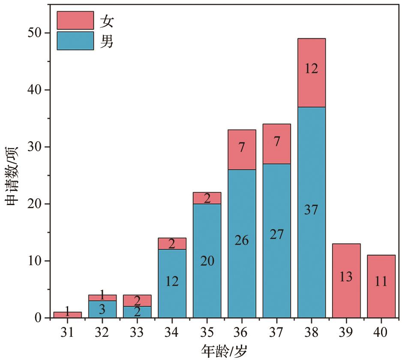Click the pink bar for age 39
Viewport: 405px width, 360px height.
pos(346,281)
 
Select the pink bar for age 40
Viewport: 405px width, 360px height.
pos(381,286)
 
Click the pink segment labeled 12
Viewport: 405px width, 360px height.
pos(312,73)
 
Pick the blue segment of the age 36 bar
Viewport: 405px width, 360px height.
pos(242,244)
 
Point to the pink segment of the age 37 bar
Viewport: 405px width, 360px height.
pos(277,144)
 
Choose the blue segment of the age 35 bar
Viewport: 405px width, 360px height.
pos(207,260)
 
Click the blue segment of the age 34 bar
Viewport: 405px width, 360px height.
pos(172,284)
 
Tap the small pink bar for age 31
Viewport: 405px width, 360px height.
pos(67,315)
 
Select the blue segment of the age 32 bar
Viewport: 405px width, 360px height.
pos(102,309)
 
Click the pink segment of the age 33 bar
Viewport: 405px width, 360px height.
pos(137,301)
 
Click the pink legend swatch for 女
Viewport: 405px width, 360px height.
pos(75,20)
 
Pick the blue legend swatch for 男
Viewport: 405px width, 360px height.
pos(75,41)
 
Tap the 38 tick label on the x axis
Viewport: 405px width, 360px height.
pos(312,332)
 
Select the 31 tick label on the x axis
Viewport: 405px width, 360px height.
pos(67,332)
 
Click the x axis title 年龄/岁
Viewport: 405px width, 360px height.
pos(224,351)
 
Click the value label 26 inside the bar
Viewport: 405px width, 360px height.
pos(242,240)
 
